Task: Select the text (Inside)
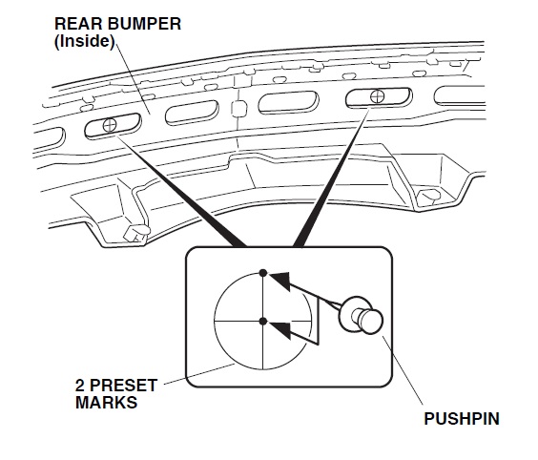84,42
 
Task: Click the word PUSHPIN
462,419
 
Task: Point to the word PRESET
125,386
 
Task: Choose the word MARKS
107,402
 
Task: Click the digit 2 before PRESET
80,386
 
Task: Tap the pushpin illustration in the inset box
361,315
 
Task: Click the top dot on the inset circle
263,273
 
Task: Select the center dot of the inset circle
263,322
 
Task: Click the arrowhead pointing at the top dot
280,281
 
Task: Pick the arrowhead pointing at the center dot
280,329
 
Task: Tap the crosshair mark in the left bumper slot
110,125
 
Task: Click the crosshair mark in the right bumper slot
377,95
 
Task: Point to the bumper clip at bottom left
135,233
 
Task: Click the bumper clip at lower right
429,196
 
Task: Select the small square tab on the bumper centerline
238,108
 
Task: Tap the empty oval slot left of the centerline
192,113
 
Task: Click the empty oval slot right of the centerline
288,102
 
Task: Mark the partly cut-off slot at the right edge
460,95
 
